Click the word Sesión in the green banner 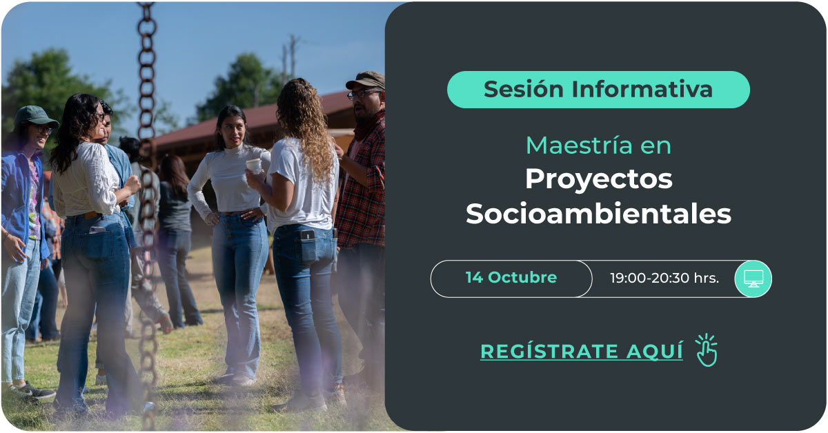[x=523, y=90]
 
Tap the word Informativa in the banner [x=642, y=90]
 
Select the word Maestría [x=579, y=145]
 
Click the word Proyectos [x=599, y=180]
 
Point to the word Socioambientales [x=599, y=214]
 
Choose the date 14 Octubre [x=511, y=277]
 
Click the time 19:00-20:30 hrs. [x=664, y=278]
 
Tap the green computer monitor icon [x=753, y=279]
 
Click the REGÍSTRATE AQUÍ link [x=582, y=351]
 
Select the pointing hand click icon [x=707, y=350]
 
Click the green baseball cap [x=35, y=117]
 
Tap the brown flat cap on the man [x=366, y=80]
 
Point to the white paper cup [x=254, y=166]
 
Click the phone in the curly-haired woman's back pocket [x=307, y=235]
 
